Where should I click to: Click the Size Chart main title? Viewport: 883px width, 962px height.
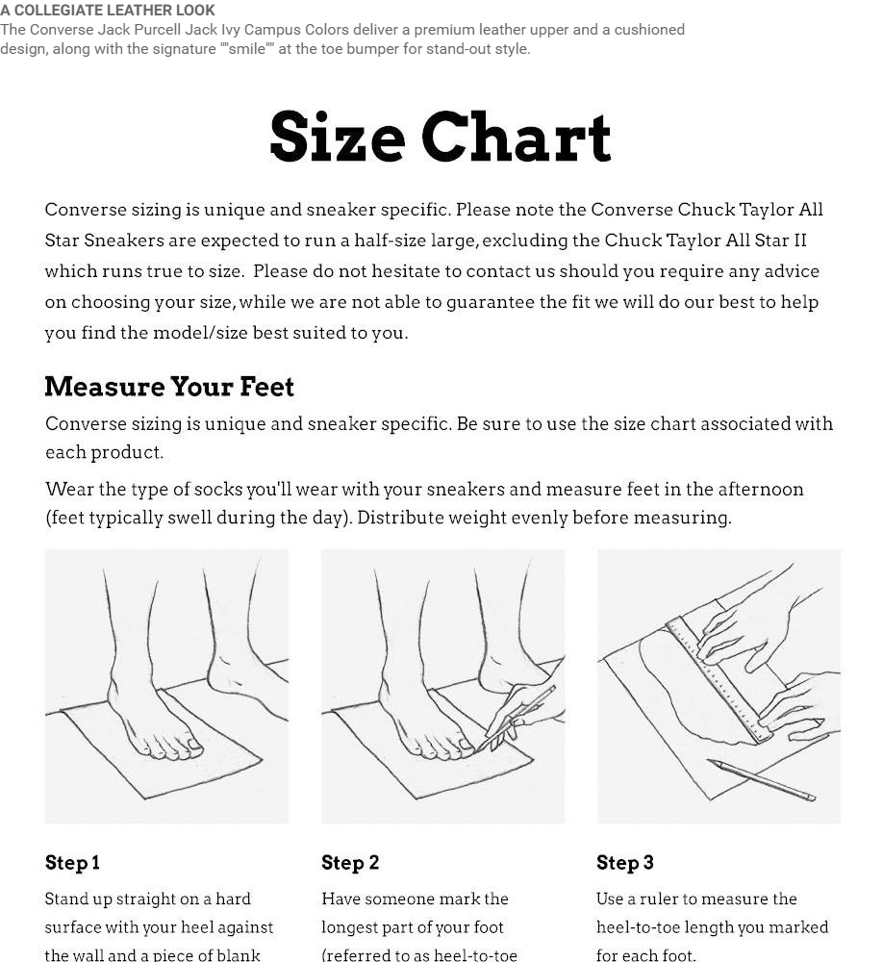click(x=441, y=137)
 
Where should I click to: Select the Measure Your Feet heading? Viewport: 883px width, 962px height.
click(x=169, y=387)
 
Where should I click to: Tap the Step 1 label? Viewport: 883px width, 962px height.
click(x=72, y=863)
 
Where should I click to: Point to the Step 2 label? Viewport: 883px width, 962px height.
click(x=350, y=863)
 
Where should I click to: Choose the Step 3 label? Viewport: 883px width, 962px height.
click(x=625, y=863)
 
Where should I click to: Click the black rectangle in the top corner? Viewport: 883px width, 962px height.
click(x=802, y=38)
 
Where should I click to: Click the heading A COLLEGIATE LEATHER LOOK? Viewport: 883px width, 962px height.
click(x=108, y=11)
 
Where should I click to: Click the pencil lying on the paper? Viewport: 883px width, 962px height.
click(x=762, y=780)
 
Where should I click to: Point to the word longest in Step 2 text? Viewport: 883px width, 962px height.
click(x=349, y=928)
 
